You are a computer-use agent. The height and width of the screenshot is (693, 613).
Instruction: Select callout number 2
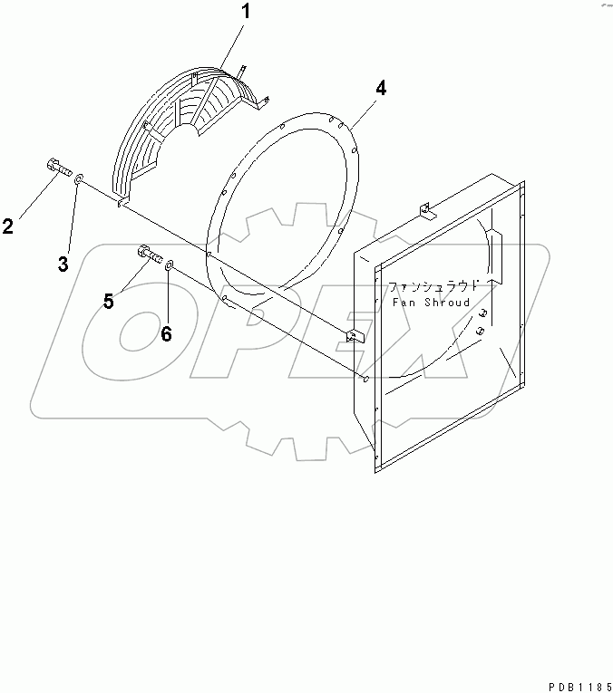[8, 226]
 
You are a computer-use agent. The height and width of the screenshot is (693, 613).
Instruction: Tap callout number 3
[63, 264]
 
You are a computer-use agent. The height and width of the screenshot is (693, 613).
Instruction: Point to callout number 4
[381, 89]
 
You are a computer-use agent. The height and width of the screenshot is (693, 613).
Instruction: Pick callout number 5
[108, 301]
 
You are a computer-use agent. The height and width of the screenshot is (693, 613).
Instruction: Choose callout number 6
[166, 333]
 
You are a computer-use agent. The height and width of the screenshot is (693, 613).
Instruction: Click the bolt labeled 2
[56, 168]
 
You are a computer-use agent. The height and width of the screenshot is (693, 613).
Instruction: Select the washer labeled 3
[79, 178]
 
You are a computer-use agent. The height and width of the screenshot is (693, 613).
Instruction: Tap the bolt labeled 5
[149, 255]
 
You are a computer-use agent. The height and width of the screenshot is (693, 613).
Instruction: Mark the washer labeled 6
[170, 265]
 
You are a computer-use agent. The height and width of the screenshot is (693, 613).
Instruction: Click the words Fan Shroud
[431, 303]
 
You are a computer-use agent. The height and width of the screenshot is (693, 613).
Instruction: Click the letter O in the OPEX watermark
[136, 331]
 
